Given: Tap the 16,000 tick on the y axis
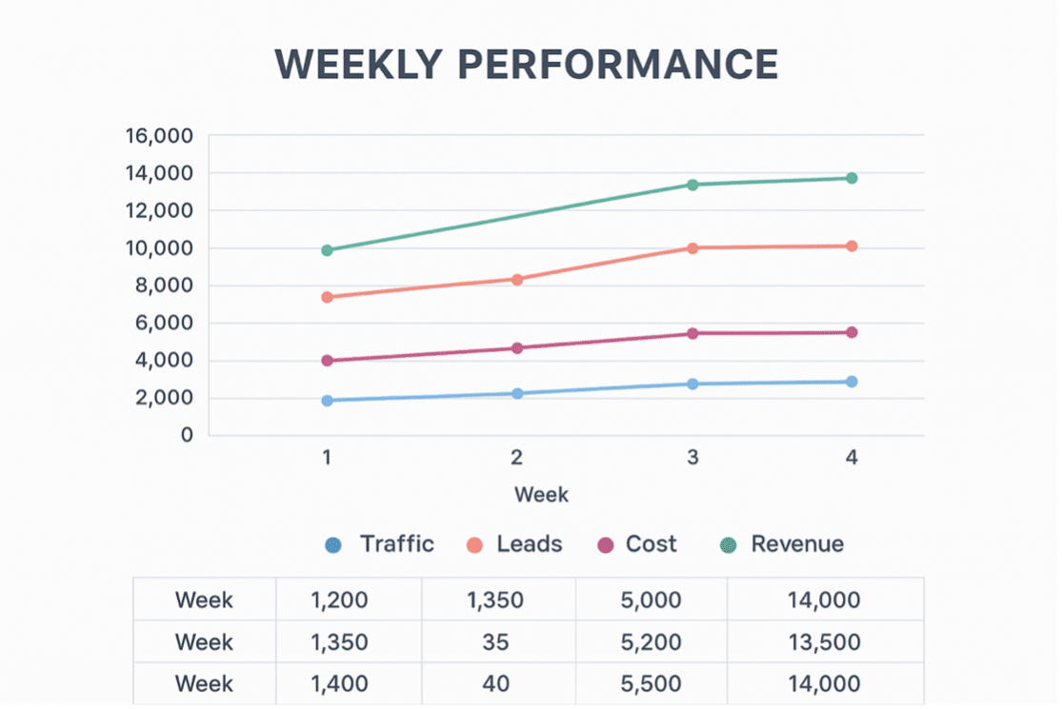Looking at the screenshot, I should pos(159,136).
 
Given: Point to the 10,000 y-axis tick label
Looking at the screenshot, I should pos(159,248).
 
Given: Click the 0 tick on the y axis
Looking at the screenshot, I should pos(186,435).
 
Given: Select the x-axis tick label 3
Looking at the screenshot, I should pos(692,458).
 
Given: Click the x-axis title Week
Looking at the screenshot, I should pos(541,495).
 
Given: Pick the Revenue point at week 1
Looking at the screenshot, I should pos(328,250).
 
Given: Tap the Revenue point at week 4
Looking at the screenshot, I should pos(852,178).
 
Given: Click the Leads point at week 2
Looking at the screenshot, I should pos(517,280).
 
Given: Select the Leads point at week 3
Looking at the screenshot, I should pos(692,248).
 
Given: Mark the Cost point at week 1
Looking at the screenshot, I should pos(328,361).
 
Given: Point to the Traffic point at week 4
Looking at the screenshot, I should pos(852,382).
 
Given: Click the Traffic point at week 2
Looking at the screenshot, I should pos(517,393).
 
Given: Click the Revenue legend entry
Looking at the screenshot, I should pos(782,544).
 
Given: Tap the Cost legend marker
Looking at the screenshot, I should pos(605,545).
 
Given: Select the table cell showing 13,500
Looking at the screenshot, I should pos(824,642).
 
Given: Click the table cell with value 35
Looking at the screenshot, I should pos(495,642).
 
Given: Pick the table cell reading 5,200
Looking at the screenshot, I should pos(651,642).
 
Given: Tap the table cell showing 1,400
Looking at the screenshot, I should pos(339,684).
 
